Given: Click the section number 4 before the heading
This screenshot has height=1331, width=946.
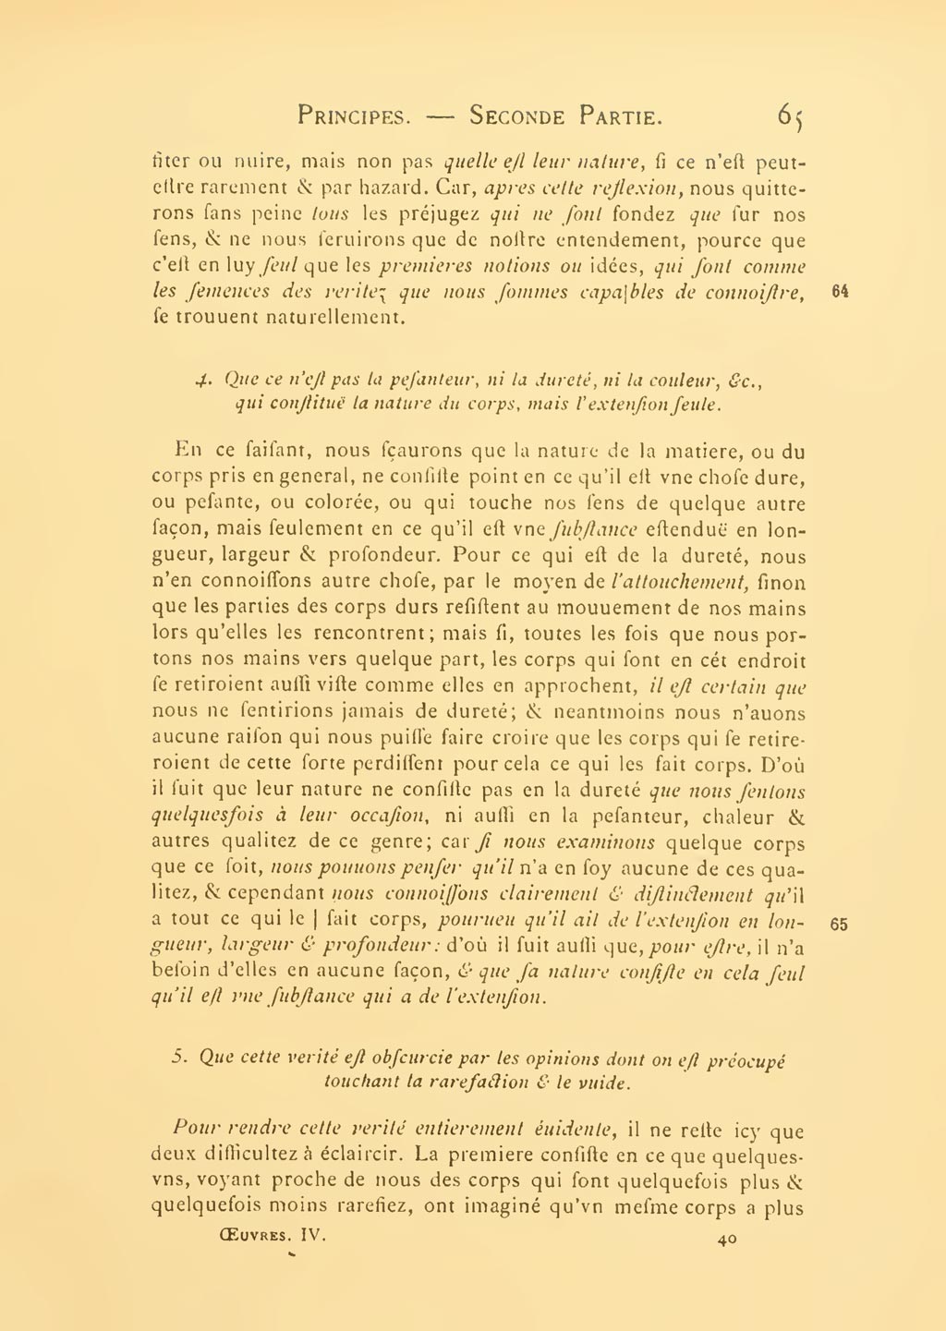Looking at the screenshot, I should pos(204,380).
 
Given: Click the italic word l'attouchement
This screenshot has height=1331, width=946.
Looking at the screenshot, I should pos(678,582).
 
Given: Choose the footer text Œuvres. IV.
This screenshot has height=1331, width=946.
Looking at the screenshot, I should pos(267,1233).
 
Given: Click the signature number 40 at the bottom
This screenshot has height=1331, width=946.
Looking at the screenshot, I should pos(726,1240).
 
